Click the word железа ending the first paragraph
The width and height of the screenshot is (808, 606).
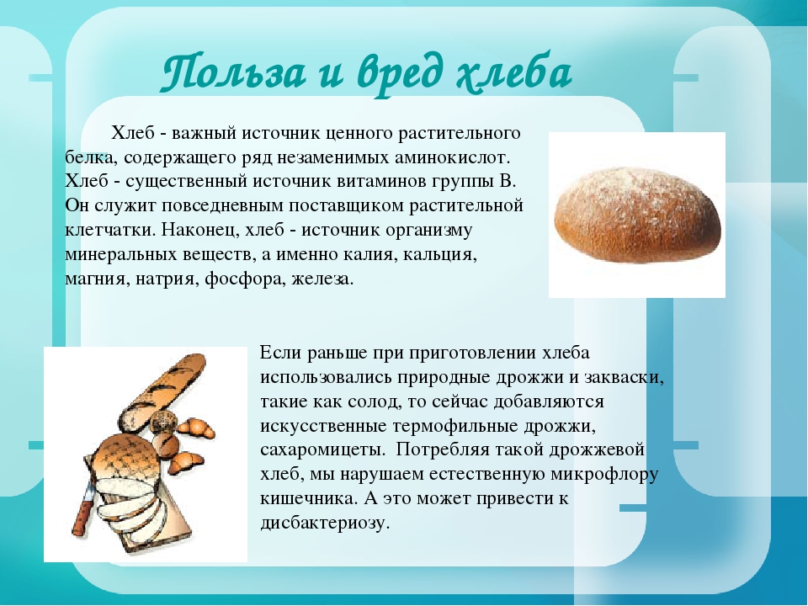pos(322,279)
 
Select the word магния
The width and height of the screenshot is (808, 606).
pos(96,279)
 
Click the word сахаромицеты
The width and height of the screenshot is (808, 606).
pos(322,449)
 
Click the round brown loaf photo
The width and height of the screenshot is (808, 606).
pos(637,215)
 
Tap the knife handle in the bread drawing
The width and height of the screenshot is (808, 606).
pos(83,511)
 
